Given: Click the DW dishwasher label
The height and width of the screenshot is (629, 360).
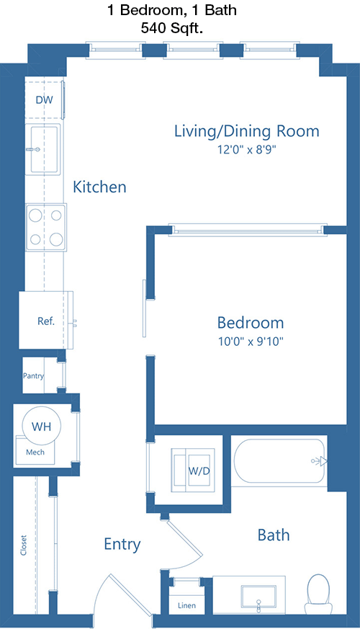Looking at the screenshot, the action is click(44, 100).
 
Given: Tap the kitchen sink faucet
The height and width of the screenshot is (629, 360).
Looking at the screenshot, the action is click(33, 150).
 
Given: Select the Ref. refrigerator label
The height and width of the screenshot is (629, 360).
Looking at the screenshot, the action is click(45, 321).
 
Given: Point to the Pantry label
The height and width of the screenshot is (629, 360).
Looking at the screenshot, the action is click(33, 376).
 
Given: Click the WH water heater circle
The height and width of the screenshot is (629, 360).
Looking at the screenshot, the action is click(42, 426).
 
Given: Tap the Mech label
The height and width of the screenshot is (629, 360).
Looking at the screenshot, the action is click(35, 452).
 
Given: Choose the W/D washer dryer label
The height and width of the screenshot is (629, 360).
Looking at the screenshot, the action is click(199, 470).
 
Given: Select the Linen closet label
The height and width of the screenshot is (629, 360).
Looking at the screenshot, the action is click(186, 605).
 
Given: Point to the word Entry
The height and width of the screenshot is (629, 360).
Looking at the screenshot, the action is click(122, 545).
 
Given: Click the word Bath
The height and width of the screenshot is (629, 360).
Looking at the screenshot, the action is click(274, 535).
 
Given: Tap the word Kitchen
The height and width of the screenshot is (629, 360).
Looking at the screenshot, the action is click(99, 187).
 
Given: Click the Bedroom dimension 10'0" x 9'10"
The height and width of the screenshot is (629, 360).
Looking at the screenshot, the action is click(251, 342).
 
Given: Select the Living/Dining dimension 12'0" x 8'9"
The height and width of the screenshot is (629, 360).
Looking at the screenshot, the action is click(247, 150).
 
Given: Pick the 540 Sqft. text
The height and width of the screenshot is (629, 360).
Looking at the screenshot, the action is click(171, 29).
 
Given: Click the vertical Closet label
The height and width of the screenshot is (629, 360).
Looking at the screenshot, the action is click(23, 545).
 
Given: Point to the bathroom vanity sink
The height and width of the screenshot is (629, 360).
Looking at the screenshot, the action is click(258, 598).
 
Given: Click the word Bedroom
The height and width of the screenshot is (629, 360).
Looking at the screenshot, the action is click(251, 323).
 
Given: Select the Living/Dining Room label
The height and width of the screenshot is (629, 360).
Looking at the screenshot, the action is click(246, 132).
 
